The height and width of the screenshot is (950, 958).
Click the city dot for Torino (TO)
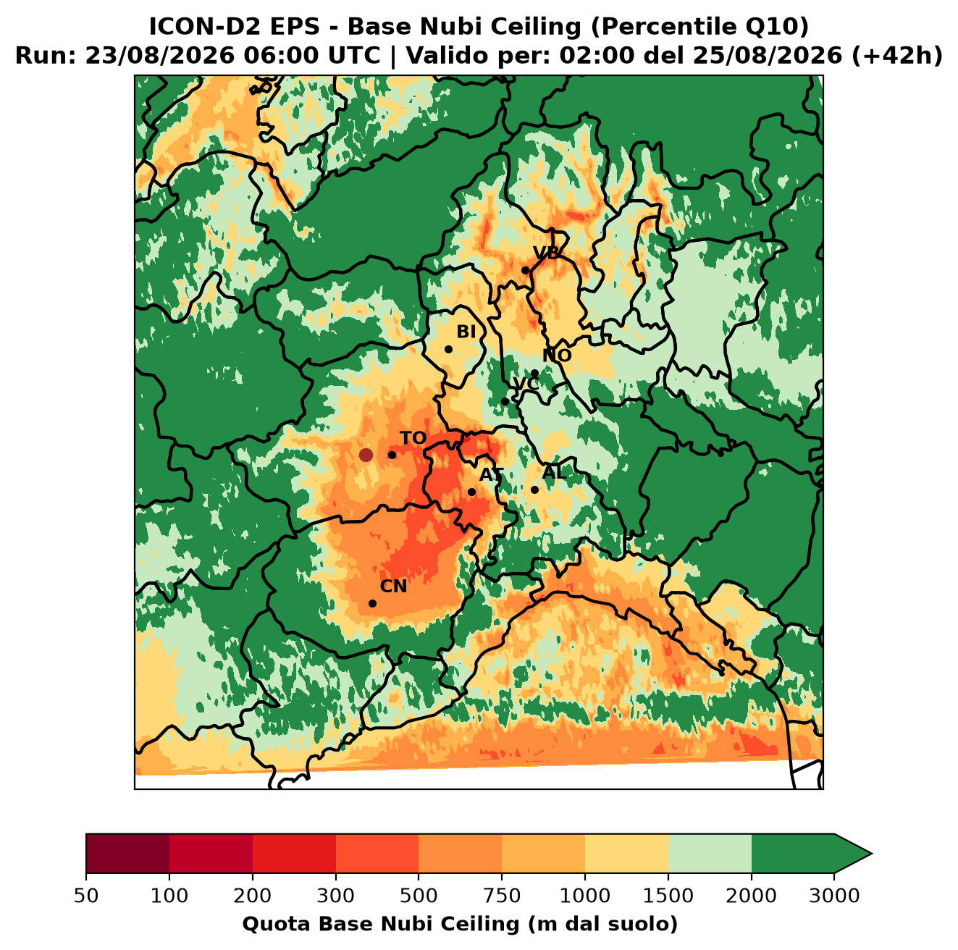392,455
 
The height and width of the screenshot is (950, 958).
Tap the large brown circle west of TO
366,455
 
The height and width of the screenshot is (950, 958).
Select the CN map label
393,587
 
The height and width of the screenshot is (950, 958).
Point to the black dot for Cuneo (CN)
372,603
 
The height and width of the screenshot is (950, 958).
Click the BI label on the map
466,332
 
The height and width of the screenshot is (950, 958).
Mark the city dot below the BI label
448,350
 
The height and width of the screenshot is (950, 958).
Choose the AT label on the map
491,475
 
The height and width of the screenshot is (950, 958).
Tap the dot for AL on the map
534,489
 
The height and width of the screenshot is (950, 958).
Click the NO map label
557,356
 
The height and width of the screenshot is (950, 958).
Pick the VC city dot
505,401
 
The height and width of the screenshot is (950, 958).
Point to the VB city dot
526,270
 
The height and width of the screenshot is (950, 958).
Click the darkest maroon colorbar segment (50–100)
127,854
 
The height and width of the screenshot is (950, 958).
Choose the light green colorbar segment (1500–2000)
710,854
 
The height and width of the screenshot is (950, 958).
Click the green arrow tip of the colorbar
872,854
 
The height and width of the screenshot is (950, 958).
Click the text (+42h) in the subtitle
897,56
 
